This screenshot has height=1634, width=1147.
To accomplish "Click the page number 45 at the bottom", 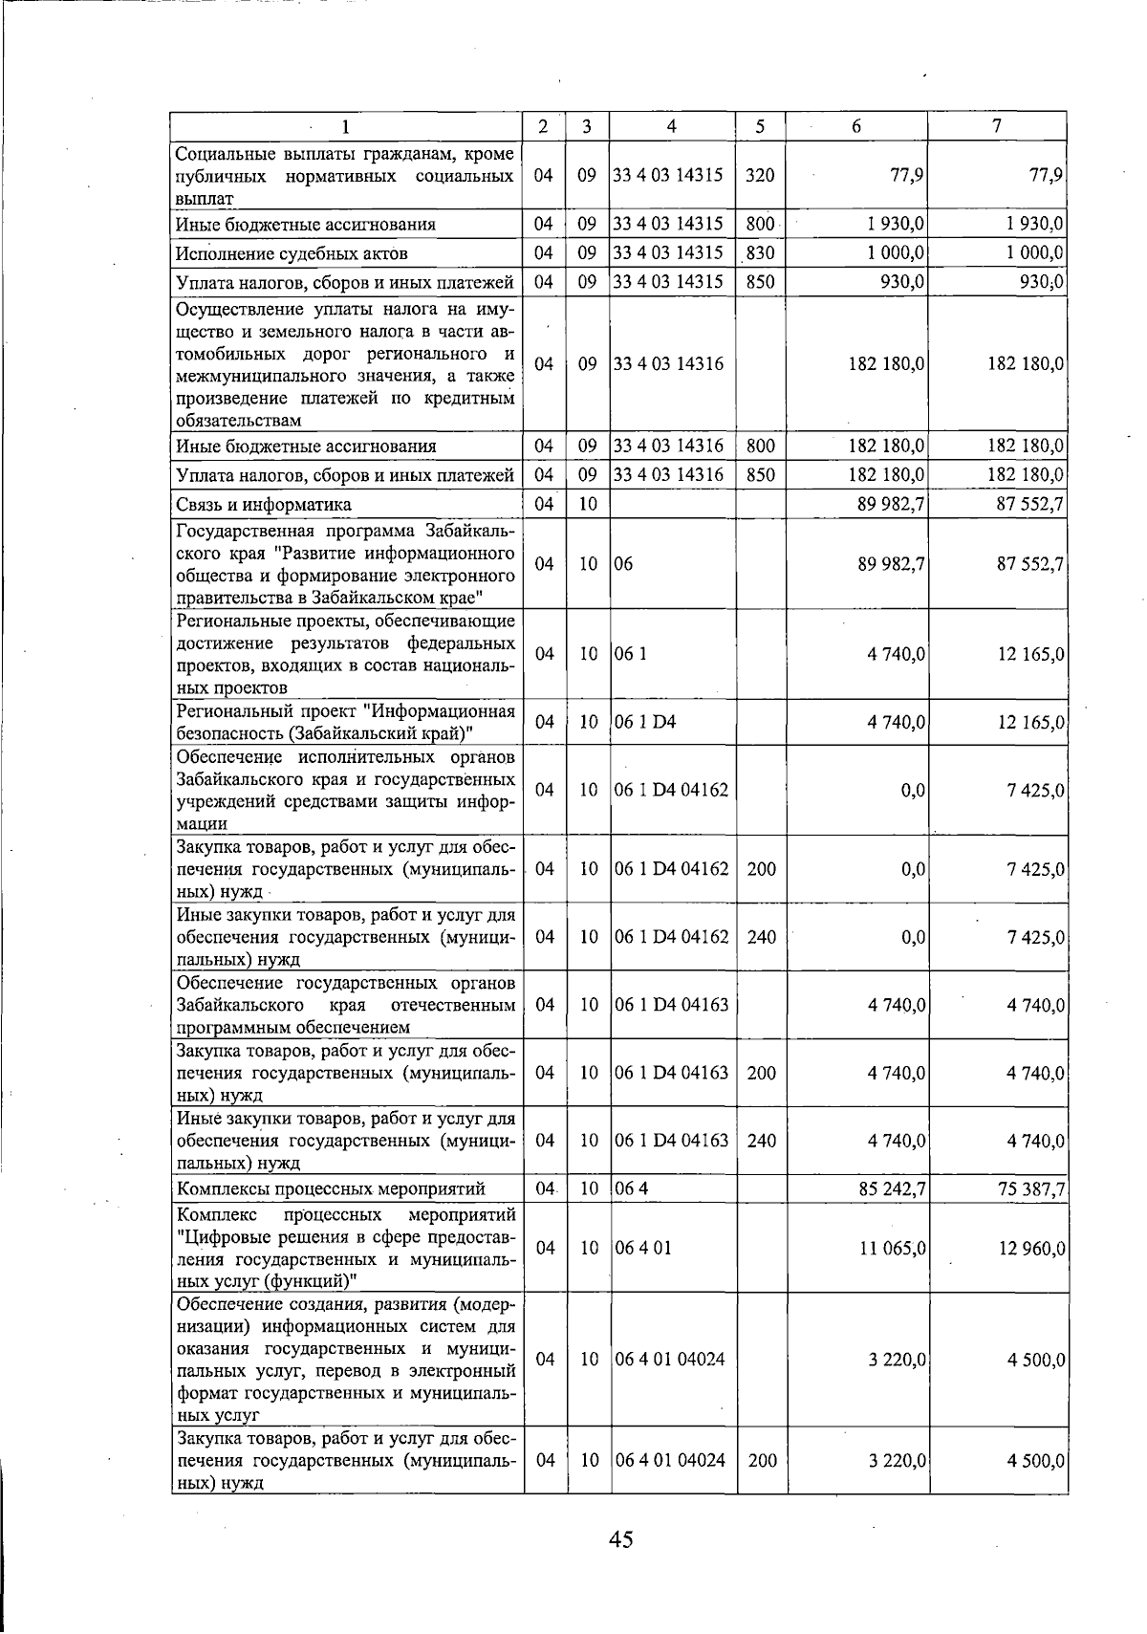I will pyautogui.click(x=620, y=1539).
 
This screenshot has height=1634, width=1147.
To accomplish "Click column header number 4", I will pyautogui.click(x=672, y=126).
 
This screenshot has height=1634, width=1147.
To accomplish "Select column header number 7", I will pyautogui.click(x=996, y=126).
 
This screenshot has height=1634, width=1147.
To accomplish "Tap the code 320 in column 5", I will pyautogui.click(x=760, y=176).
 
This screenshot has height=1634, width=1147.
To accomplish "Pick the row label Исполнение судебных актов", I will pyautogui.click(x=292, y=254).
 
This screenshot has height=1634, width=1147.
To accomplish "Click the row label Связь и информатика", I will pyautogui.click(x=264, y=505).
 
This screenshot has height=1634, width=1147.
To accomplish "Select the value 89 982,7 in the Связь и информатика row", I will pyautogui.click(x=891, y=504).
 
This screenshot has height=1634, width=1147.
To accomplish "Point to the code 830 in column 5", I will pyautogui.click(x=760, y=253).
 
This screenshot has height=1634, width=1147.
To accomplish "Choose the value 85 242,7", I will pyautogui.click(x=891, y=1188).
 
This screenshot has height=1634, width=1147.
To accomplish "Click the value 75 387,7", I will pyautogui.click(x=1030, y=1188).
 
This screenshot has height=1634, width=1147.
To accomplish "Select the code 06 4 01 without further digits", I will pyautogui.click(x=642, y=1248).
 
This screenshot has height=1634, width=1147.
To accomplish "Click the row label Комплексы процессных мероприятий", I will pyautogui.click(x=331, y=1189).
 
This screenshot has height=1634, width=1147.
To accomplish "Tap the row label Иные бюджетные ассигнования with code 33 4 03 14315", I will pyautogui.click(x=306, y=225).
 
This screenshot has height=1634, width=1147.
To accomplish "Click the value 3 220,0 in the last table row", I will pyautogui.click(x=898, y=1461).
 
